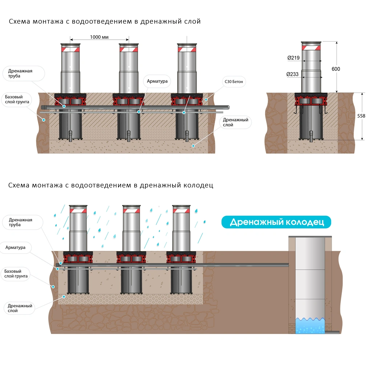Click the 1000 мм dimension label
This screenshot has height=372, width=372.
[99, 37]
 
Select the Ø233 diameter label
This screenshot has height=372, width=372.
[292, 74]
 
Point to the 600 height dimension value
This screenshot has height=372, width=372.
[336, 69]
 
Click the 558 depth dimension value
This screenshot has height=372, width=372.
[361, 116]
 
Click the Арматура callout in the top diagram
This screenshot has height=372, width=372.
[157, 81]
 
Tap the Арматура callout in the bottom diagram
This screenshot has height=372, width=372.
[16, 247]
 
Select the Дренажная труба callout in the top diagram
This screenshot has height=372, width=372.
[20, 73]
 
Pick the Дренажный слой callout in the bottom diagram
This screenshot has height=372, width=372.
[20, 308]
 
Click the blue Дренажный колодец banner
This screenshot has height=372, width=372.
[276, 222]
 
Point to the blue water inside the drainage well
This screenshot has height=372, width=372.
[310, 326]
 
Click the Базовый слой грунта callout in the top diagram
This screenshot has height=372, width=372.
[17, 100]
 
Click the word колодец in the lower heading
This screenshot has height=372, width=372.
[198, 185]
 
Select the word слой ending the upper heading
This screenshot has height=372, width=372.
[192, 21]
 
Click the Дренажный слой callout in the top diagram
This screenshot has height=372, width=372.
[235, 122]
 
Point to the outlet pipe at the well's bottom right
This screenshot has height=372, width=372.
[332, 332]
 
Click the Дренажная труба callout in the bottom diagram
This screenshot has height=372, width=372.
[20, 222]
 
